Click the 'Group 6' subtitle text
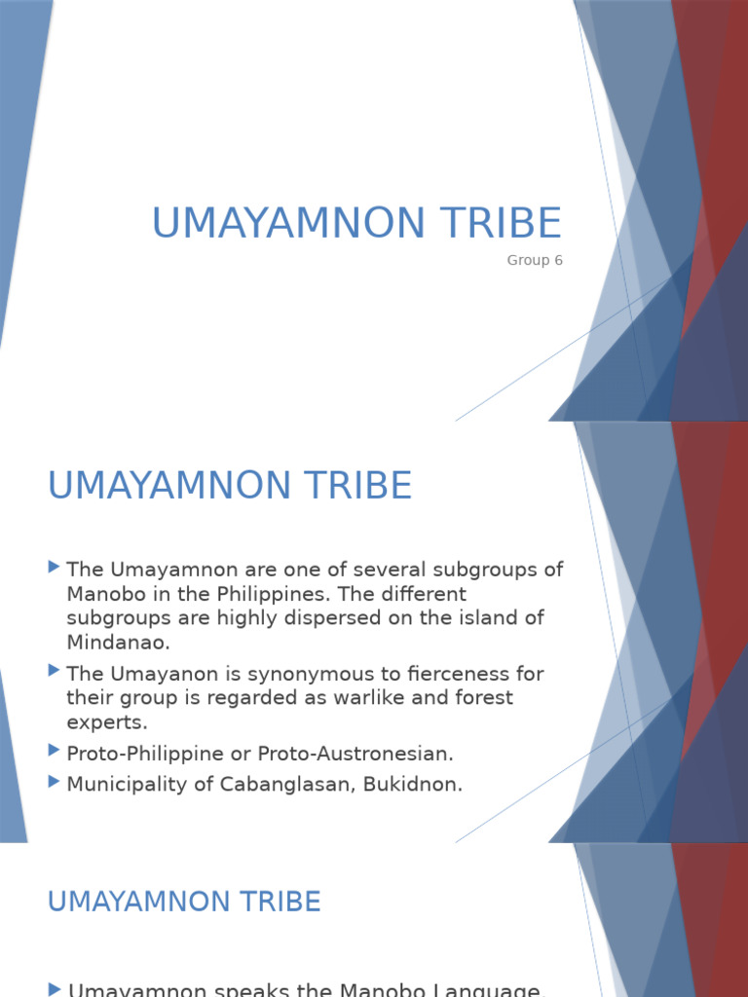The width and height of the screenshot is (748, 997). (x=535, y=260)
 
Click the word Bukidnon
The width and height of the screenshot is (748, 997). (x=412, y=784)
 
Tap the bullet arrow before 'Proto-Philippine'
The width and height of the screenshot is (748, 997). (x=54, y=751)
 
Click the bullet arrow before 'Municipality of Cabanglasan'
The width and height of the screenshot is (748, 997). (x=54, y=782)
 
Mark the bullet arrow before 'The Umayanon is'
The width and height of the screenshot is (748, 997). (x=54, y=672)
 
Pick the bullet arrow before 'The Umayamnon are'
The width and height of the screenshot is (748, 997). (x=54, y=567)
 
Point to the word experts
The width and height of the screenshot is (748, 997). (x=106, y=721)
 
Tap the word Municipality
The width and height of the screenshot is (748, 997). (x=128, y=784)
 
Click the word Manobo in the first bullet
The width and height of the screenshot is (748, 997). (x=106, y=593)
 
